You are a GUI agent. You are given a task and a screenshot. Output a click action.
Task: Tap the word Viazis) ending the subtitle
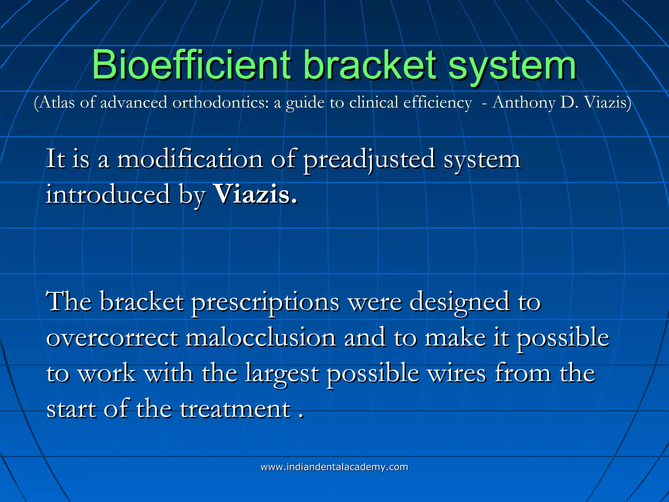point(607,103)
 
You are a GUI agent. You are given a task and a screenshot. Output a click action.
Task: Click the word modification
point(190,159)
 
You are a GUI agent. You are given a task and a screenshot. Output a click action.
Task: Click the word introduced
point(108,195)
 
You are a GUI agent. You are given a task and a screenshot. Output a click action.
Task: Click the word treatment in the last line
point(235,409)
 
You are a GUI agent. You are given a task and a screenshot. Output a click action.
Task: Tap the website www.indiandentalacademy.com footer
point(334,467)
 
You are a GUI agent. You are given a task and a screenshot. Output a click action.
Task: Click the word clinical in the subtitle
point(374,103)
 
